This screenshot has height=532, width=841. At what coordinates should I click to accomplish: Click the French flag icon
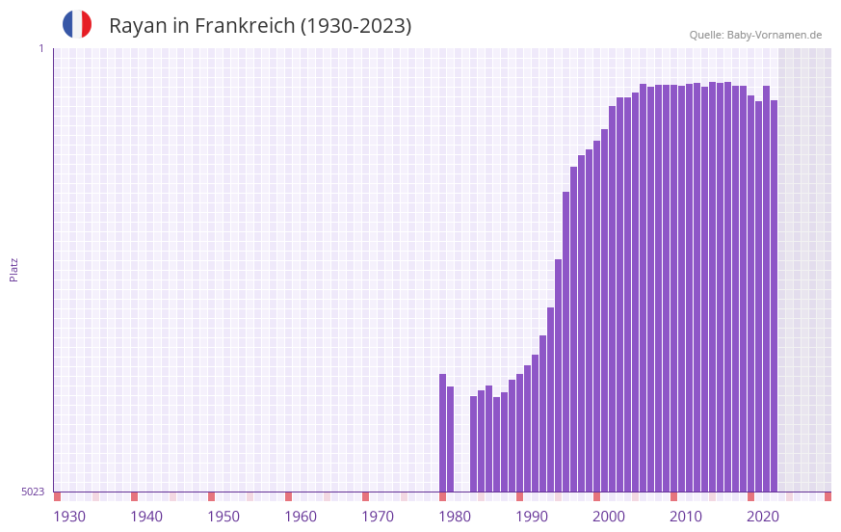[77, 24]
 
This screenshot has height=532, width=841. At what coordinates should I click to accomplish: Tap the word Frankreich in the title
[245, 26]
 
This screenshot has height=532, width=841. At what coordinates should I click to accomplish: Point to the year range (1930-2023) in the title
[355, 26]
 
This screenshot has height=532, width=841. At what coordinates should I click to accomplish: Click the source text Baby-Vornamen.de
[774, 35]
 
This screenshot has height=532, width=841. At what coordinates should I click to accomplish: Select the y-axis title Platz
[13, 269]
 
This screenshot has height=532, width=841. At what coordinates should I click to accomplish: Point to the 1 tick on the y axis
[40, 48]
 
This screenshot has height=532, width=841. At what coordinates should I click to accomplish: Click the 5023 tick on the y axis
[34, 492]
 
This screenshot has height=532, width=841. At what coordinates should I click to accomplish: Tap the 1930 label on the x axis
[69, 517]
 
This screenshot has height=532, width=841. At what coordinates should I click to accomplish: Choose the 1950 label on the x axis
[223, 517]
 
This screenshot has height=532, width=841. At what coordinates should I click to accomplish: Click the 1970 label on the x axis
[378, 517]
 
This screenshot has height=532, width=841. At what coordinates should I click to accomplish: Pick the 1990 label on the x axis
[532, 517]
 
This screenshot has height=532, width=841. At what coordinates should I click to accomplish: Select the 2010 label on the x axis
[686, 517]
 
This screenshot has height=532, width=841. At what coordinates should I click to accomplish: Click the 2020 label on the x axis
[763, 517]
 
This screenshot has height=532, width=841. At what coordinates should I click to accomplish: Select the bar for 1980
[442, 433]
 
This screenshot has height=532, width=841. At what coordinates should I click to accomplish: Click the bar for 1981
[450, 439]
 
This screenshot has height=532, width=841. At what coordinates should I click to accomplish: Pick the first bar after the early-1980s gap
[473, 443]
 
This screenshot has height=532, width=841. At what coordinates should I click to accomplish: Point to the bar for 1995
[558, 375]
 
